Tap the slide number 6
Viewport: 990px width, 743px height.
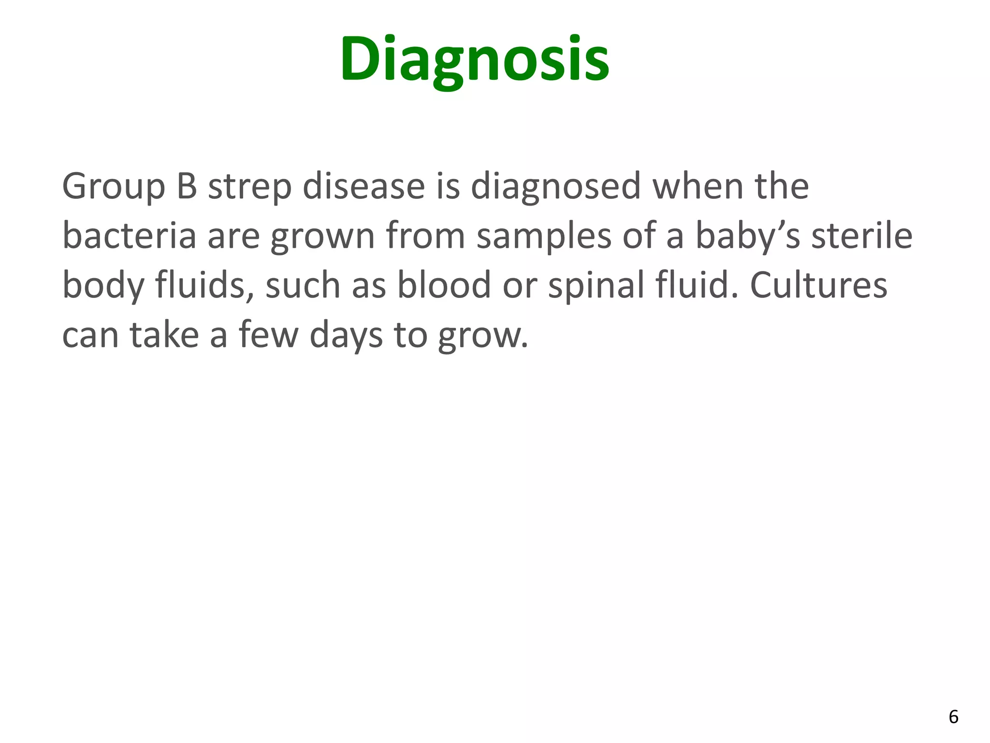pos(953,716)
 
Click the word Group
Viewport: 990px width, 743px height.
pos(114,187)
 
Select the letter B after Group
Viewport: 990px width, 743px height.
pos(187,186)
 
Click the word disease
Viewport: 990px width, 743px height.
pos(364,186)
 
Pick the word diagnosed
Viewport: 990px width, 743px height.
pos(555,187)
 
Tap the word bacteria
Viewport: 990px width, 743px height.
pos(129,236)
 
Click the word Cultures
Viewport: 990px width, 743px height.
pos(818,285)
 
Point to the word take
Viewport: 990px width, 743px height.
pos(164,335)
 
